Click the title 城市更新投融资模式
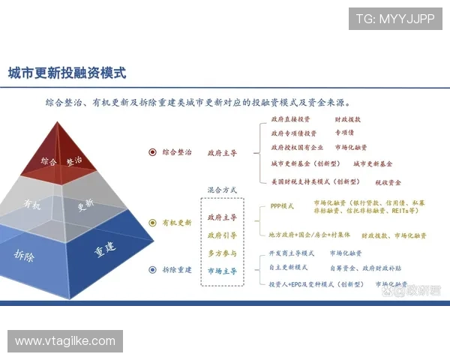pos(67,73)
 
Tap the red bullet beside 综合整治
pos(153,152)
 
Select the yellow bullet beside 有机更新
pos(153,223)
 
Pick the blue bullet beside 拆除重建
pos(153,269)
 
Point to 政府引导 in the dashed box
pos(222,235)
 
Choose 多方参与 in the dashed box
pos(222,253)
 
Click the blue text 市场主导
pos(222,270)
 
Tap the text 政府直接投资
pos(290,119)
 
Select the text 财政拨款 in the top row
pos(347,119)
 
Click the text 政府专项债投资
pos(293,133)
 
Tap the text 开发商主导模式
pos(292,253)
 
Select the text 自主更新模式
pos(288,267)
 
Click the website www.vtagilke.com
pos(65,341)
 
